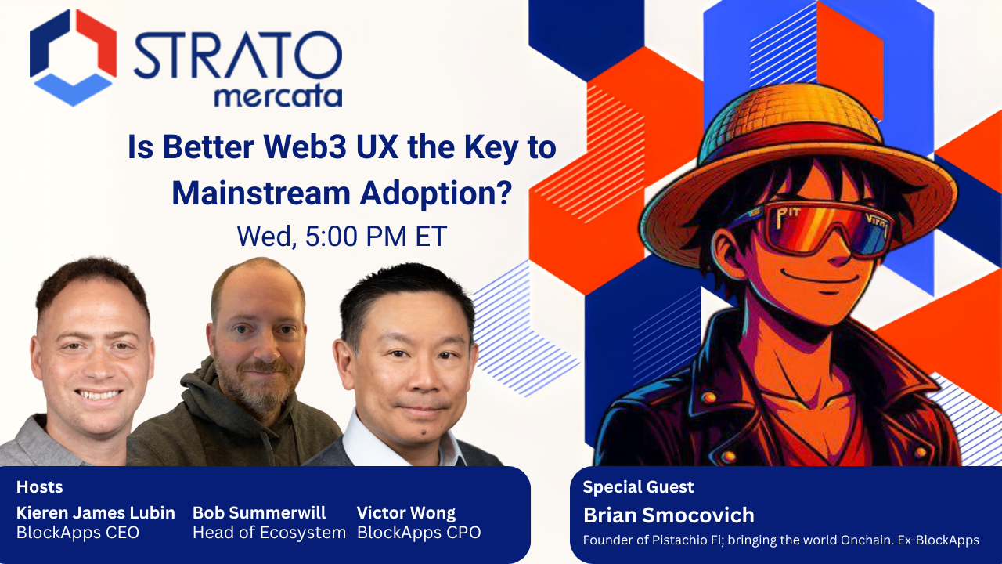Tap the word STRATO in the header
coord(237,56)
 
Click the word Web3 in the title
coord(294,149)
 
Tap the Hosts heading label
coord(39,487)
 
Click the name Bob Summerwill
coord(259,513)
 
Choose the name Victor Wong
coord(405,513)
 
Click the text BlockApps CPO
coord(419,533)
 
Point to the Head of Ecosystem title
coord(269,533)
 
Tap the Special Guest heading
coord(638,487)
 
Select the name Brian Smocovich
coord(669,515)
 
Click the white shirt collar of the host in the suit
coord(368,439)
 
